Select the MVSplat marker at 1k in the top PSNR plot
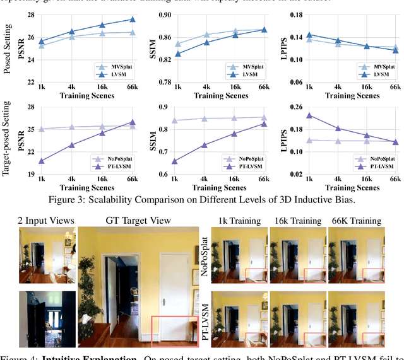click(42, 45)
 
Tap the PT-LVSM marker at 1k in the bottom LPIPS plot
click(309, 115)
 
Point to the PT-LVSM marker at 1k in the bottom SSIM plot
click(175, 161)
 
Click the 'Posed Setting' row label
click(8, 48)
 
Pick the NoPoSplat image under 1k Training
click(238, 255)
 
